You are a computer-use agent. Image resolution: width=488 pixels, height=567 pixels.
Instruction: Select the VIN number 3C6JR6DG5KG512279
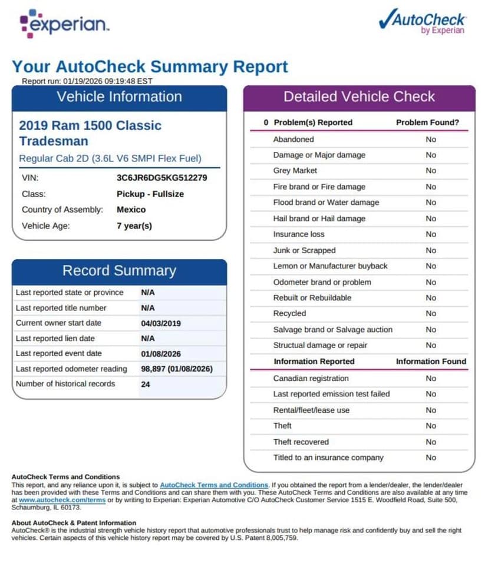(161, 177)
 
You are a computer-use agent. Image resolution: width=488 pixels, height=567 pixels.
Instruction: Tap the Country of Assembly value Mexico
(131, 210)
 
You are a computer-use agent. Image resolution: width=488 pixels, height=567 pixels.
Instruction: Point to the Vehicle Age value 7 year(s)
(134, 226)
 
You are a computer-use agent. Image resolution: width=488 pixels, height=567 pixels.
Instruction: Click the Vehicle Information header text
(119, 97)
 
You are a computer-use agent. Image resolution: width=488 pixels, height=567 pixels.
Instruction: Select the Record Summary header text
(119, 271)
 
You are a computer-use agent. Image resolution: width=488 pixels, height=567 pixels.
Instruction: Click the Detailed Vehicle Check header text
(359, 97)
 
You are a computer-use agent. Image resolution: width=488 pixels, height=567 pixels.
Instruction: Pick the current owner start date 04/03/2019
(161, 323)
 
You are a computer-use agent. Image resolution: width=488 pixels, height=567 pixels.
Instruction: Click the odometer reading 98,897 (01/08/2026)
(176, 369)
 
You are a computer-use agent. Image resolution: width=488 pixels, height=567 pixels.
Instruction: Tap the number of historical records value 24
(146, 384)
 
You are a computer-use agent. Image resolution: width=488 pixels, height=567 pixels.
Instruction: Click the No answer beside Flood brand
(431, 203)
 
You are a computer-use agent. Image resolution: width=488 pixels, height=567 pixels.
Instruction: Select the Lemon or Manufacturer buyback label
(330, 266)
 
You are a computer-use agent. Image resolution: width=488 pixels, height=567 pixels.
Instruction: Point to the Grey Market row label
(295, 171)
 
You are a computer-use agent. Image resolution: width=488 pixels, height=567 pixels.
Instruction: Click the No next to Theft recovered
(431, 442)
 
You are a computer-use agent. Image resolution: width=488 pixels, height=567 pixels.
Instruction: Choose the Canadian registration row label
(311, 379)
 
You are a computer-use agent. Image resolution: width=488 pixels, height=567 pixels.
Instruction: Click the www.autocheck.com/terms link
(62, 500)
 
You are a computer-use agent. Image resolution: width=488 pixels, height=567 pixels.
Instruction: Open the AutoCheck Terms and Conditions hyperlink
(214, 485)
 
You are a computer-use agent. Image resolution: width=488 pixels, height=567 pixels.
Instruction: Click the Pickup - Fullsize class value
(150, 194)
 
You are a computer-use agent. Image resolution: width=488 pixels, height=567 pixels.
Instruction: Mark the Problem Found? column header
(427, 122)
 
